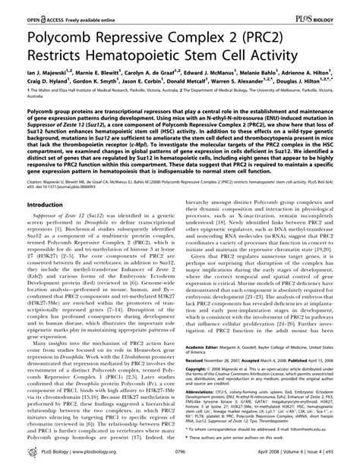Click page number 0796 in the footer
coord(179,461)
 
